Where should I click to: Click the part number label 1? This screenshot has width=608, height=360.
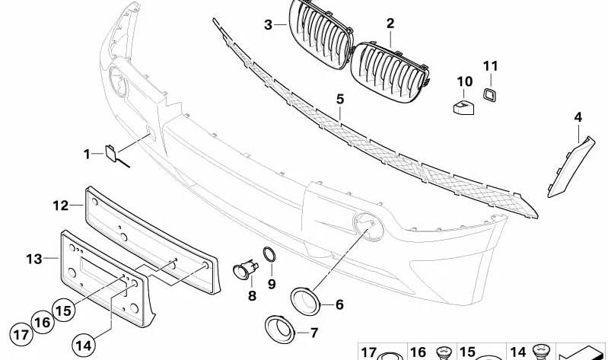coord(88,155)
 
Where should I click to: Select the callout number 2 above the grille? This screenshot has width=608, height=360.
coord(390,24)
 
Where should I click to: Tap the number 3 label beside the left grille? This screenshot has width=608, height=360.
coord(268,24)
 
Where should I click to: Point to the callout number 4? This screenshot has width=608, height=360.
coord(578,117)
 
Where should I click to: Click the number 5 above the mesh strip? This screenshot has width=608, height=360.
coord(340,99)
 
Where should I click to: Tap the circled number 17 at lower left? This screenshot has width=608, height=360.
coord(21,334)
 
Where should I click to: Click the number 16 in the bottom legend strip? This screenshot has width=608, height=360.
coord(419,352)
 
